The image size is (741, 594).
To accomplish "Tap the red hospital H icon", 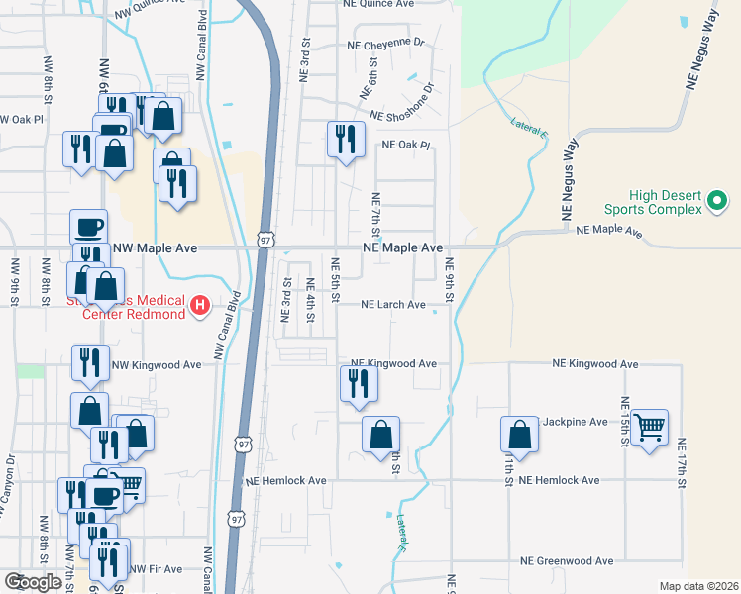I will (x=199, y=305).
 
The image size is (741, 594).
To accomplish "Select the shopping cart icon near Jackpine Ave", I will (x=649, y=428).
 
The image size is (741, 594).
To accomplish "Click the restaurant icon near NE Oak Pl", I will (x=345, y=138).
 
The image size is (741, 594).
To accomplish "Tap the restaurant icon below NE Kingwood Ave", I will (x=359, y=383).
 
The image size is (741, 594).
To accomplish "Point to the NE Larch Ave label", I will (x=392, y=305).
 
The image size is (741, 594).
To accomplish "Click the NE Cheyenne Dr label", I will (x=385, y=44).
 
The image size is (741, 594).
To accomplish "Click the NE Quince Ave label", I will (x=377, y=3).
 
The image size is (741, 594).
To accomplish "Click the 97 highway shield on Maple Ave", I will (x=265, y=240).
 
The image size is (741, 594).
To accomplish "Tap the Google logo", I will (x=33, y=582).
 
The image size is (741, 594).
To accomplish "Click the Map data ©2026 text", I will (x=698, y=586).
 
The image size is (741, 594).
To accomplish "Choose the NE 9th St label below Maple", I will (x=449, y=282).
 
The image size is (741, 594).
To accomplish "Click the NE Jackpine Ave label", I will (x=574, y=422).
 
